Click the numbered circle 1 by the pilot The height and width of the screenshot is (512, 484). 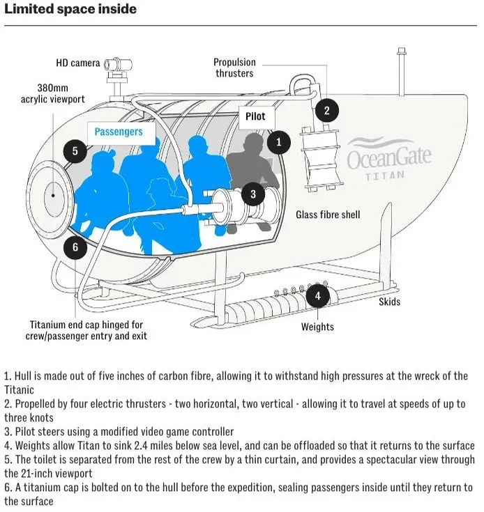pyautogui.click(x=279, y=142)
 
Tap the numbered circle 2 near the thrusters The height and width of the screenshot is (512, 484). pyautogui.click(x=326, y=109)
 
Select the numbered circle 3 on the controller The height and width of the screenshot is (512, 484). pyautogui.click(x=253, y=194)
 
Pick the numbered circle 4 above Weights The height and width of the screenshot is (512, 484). pyautogui.click(x=318, y=295)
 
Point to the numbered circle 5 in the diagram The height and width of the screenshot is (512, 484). pyautogui.click(x=75, y=151)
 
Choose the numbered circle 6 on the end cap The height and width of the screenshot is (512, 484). pyautogui.click(x=75, y=246)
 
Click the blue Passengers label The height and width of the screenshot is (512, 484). pyautogui.click(x=119, y=131)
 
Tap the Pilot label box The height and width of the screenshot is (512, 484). pyautogui.click(x=256, y=116)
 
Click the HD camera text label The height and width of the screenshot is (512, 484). pyautogui.click(x=78, y=63)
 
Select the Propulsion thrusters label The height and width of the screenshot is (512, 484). pyautogui.click(x=234, y=68)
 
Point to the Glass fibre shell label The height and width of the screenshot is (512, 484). pyautogui.click(x=328, y=215)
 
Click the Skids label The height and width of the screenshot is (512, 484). pyautogui.click(x=390, y=302)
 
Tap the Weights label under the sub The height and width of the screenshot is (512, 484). pyautogui.click(x=317, y=327)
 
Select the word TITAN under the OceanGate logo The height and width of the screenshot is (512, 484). pyautogui.click(x=384, y=176)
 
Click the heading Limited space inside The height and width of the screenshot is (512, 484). pyautogui.click(x=70, y=10)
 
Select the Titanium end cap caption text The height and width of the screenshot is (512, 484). pyautogui.click(x=86, y=330)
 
